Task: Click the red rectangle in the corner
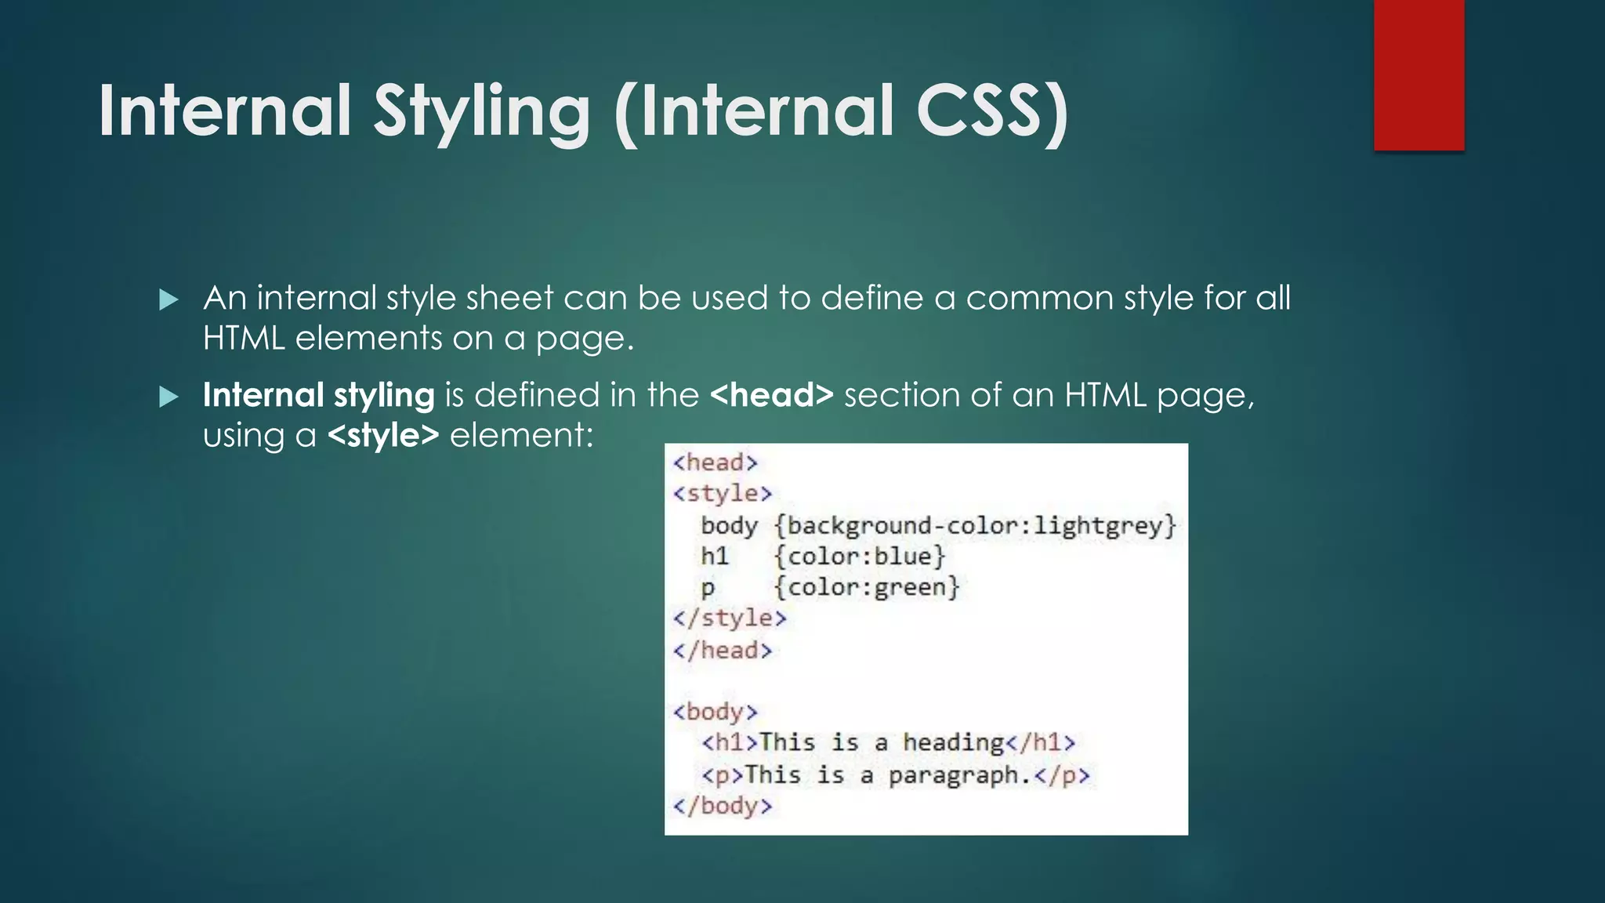(1418, 74)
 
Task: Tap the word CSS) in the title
(991, 111)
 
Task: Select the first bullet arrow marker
(168, 299)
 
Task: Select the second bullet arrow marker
(168, 397)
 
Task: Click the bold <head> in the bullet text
(771, 395)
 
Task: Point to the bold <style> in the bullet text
(383, 435)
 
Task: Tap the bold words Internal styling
(318, 395)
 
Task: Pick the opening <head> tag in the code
(715, 462)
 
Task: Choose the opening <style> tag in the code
(722, 494)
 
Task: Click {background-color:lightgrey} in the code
(975, 525)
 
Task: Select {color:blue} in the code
(860, 557)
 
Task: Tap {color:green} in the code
(867, 587)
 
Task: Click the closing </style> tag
(729, 618)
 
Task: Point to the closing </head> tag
(722, 650)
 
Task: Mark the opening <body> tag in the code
(715, 712)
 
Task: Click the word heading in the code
(953, 742)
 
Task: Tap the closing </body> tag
(722, 806)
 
